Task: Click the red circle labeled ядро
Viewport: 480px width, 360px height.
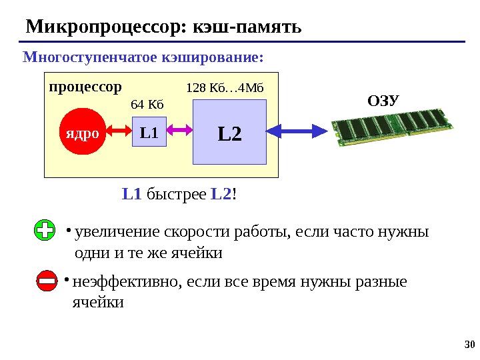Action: click(x=81, y=133)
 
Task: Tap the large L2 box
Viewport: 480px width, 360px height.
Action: click(x=229, y=133)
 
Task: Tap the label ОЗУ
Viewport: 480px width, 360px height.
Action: click(x=383, y=101)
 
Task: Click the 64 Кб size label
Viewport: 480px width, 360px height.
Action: click(x=147, y=104)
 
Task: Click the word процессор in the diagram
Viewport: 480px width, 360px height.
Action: click(x=85, y=87)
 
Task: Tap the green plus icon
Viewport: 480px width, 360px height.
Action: click(x=45, y=232)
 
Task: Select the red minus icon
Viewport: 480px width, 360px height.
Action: click(x=47, y=283)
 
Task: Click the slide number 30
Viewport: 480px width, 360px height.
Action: click(x=467, y=345)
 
